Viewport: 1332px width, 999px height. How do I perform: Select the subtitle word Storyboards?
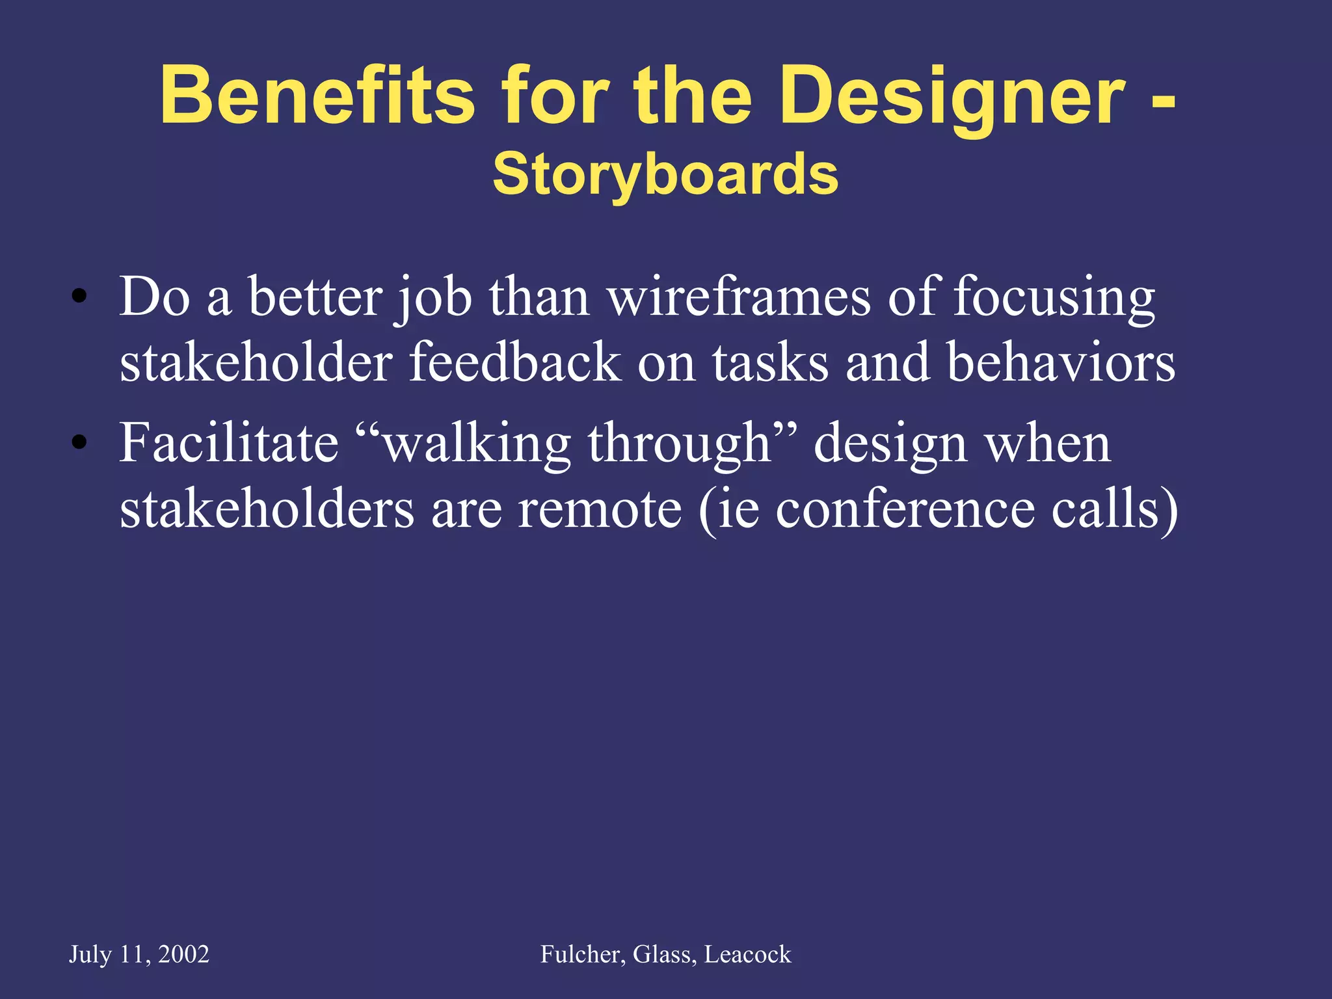coord(665,174)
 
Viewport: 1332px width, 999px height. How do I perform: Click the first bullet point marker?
coord(79,297)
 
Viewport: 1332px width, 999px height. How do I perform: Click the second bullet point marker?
coord(79,444)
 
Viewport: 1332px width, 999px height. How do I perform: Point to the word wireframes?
coord(739,297)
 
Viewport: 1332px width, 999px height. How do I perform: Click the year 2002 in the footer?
coord(183,954)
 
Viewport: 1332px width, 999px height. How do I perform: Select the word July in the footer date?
coord(90,954)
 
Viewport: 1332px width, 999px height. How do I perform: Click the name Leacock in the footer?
coord(748,954)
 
